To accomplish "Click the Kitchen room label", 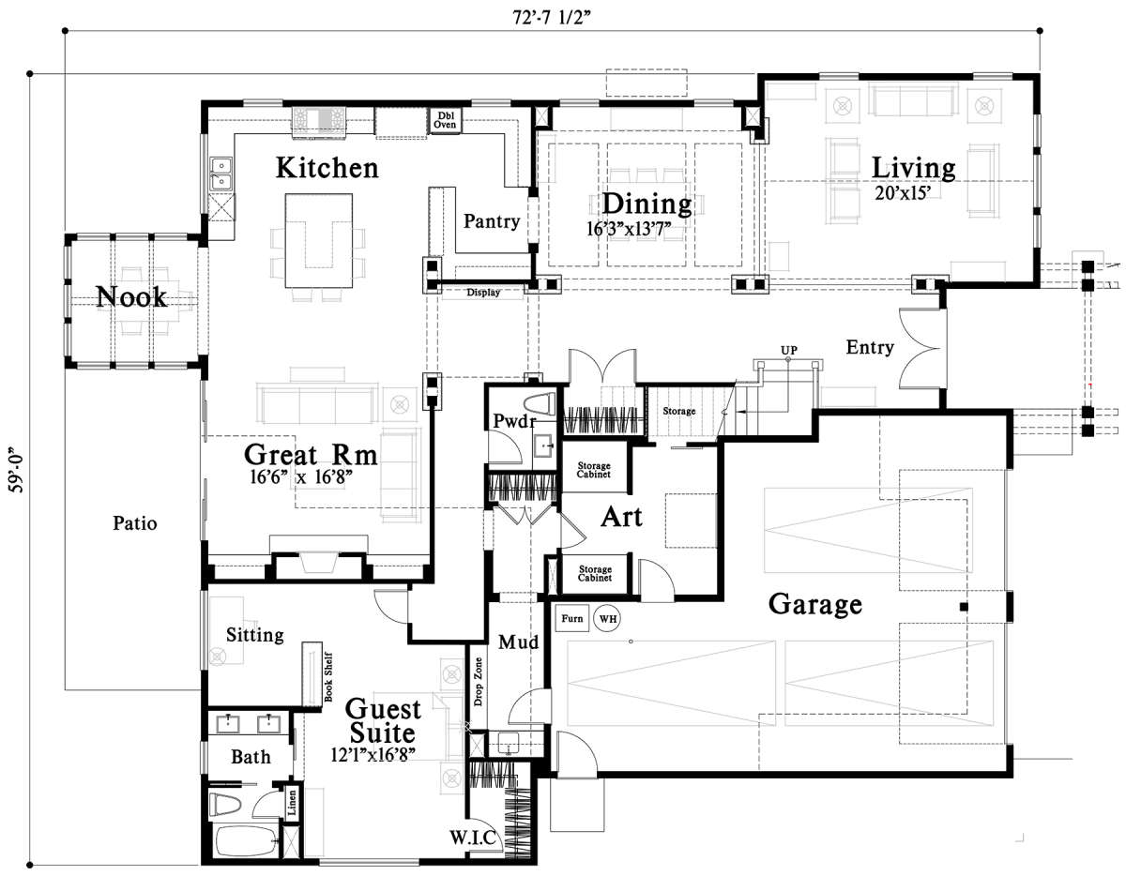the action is click(327, 168).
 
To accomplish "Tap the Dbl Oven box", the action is click(445, 120).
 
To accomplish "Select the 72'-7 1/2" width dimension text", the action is click(552, 17).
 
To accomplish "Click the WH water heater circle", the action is click(607, 618).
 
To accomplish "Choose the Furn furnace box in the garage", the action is click(572, 618).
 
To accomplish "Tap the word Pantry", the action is click(492, 221).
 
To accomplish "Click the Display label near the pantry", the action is click(483, 293).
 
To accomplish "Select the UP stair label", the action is click(788, 350).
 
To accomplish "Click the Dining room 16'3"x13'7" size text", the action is click(629, 229).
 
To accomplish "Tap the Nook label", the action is click(131, 297).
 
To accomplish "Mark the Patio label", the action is click(135, 523).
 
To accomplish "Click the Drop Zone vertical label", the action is click(479, 682).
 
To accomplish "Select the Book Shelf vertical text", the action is click(328, 678).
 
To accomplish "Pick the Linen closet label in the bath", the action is click(292, 803).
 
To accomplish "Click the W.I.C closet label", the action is click(473, 838).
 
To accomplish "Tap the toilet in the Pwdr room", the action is click(540, 404).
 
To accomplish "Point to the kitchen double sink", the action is click(221, 174).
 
